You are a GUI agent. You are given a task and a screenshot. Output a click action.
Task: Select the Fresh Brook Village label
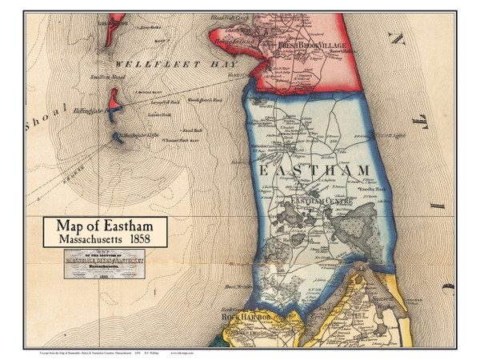311,46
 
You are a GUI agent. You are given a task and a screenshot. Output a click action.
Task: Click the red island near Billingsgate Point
116,100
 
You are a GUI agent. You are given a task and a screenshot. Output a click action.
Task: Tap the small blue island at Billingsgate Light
118,138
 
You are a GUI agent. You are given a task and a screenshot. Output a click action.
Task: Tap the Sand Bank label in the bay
192,130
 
